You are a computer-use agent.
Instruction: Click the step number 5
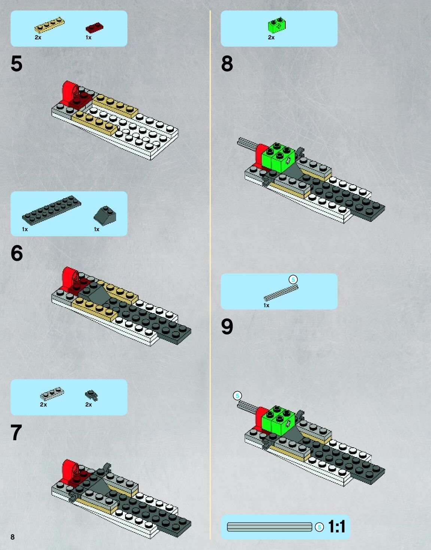16,64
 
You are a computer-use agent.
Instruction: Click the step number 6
16,253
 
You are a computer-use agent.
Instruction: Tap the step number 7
16,433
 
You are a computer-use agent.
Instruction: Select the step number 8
227,64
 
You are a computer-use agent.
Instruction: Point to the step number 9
227,327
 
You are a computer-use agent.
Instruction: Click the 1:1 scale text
337,527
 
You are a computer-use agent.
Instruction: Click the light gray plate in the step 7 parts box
52,394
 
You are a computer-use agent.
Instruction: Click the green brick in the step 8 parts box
277,25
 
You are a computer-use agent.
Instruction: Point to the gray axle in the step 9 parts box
281,293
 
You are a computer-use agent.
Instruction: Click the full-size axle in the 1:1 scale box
269,527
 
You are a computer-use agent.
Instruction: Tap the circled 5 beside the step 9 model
237,396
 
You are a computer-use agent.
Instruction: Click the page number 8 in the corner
12,537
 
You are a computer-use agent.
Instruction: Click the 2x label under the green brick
271,37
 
